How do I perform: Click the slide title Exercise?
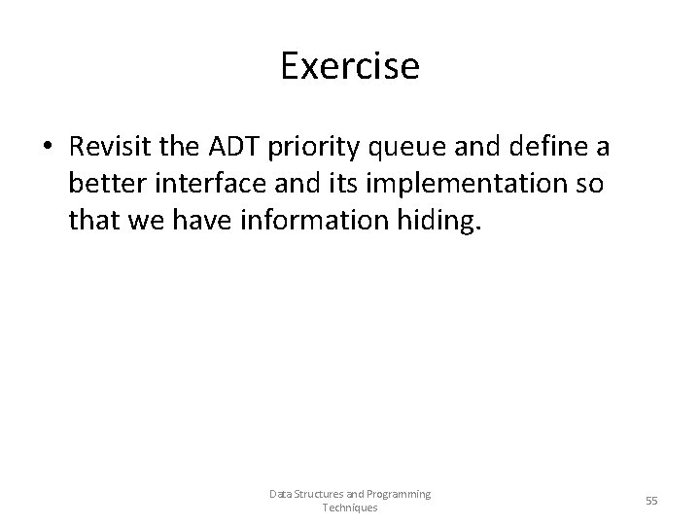click(350, 66)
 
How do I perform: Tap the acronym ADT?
click(228, 148)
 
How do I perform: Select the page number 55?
click(651, 500)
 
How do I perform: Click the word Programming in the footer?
click(397, 495)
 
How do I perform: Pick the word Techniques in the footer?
click(349, 507)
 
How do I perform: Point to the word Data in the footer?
click(281, 494)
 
